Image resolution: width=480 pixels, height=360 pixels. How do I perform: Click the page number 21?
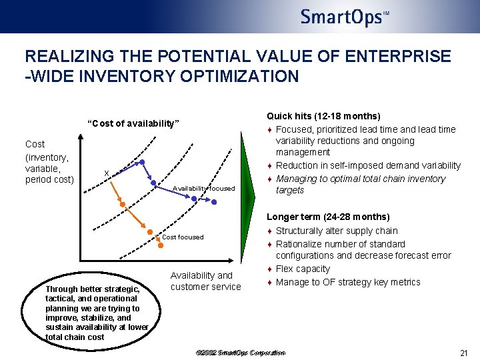pos(465,353)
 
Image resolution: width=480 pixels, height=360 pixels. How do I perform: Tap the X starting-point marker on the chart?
pos(107,173)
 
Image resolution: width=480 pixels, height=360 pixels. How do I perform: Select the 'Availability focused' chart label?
pos(203,189)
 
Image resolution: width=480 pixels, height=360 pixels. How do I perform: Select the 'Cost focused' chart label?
pos(183,237)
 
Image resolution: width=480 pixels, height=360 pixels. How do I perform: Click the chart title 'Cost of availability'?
pos(133,123)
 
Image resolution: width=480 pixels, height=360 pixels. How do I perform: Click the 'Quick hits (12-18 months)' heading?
pos(323,116)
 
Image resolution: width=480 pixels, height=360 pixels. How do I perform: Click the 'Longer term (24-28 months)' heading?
pos(328,217)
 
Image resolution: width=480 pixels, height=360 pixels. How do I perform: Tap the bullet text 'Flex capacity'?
pos(303,269)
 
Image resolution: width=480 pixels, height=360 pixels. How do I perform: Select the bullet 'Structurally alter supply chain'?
pos(336,231)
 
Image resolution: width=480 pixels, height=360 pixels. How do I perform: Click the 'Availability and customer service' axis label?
pos(205,281)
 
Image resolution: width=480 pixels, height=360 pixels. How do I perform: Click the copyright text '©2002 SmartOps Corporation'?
pos(241,353)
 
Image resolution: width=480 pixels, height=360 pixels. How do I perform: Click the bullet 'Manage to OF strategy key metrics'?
pos(347,282)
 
